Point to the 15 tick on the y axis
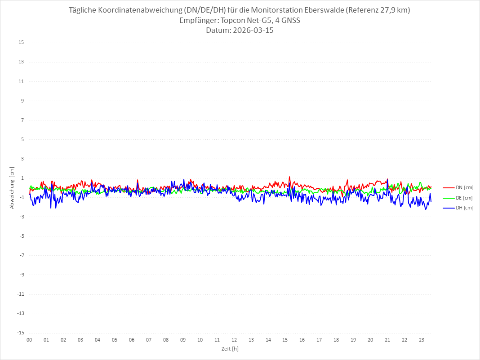21,43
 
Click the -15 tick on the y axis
20,333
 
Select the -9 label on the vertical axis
21,275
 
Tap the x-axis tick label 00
29,340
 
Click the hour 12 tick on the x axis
234,340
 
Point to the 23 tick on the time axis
422,340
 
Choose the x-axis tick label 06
132,340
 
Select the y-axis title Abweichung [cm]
12,188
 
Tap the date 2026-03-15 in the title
252,31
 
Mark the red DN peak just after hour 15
289,177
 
